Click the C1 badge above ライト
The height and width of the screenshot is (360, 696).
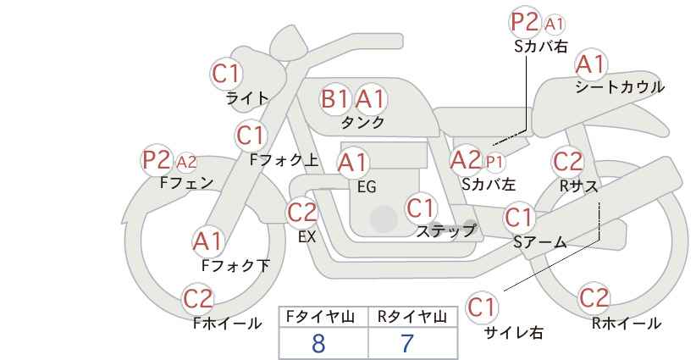pos(226,74)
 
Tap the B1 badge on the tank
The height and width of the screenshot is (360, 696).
pos(335,99)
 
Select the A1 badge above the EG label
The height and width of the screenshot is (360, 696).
pos(353,163)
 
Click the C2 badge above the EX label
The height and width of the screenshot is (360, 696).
pos(302,213)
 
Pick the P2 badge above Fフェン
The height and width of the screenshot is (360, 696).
pos(157,159)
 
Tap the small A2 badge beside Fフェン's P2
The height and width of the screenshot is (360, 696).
pos(186,161)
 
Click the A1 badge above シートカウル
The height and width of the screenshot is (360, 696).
pos(590,64)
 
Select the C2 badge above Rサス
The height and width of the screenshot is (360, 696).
pos(567,161)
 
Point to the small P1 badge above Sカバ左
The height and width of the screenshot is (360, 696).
pos(494,160)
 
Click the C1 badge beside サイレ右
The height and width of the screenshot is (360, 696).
pos(483,306)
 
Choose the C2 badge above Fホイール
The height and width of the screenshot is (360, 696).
pos(199,298)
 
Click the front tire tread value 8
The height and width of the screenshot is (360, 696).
pos(318,343)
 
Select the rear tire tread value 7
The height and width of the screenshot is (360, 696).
pos(407,343)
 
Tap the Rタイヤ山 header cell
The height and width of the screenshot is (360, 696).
pos(411,317)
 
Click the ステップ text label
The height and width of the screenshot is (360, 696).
pos(445,230)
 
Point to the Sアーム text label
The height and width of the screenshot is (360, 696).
pos(539,242)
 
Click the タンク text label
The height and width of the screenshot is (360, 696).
pos(362,122)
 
